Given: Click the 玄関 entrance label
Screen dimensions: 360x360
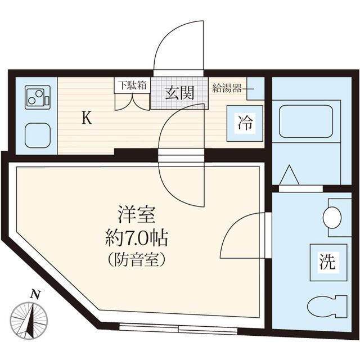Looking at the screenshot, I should (179, 93).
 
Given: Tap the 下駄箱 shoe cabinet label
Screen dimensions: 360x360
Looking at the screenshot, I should (132, 85).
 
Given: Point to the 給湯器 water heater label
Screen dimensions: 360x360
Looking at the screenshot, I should (227, 88).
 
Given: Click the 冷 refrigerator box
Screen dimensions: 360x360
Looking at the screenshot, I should (245, 122).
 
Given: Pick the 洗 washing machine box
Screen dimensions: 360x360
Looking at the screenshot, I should (326, 262).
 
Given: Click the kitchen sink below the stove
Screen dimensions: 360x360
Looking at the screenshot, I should (38, 135).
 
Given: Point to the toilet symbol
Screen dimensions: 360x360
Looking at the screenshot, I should (327, 306).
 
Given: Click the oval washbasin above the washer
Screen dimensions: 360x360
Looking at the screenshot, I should (332, 218).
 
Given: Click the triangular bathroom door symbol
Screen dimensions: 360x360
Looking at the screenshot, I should (289, 175).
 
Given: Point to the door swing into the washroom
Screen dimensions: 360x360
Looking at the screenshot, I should (242, 236).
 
